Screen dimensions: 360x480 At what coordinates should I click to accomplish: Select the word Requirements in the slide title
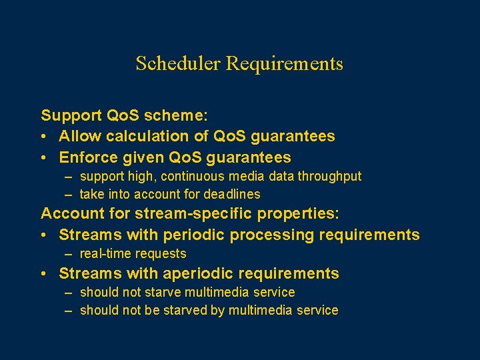[285, 64]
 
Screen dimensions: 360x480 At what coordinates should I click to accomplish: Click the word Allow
[78, 137]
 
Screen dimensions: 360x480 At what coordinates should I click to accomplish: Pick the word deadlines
[233, 195]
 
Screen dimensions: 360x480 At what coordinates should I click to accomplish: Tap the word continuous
[193, 177]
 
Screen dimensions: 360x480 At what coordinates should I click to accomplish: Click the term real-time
[103, 254]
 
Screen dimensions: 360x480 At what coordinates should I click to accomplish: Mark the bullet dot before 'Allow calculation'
[44, 137]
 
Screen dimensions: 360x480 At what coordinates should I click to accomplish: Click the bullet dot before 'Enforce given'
[44, 158]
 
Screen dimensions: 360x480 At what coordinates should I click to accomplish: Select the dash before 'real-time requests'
[69, 254]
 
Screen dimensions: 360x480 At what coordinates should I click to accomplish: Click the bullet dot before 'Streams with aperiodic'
[44, 274]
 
